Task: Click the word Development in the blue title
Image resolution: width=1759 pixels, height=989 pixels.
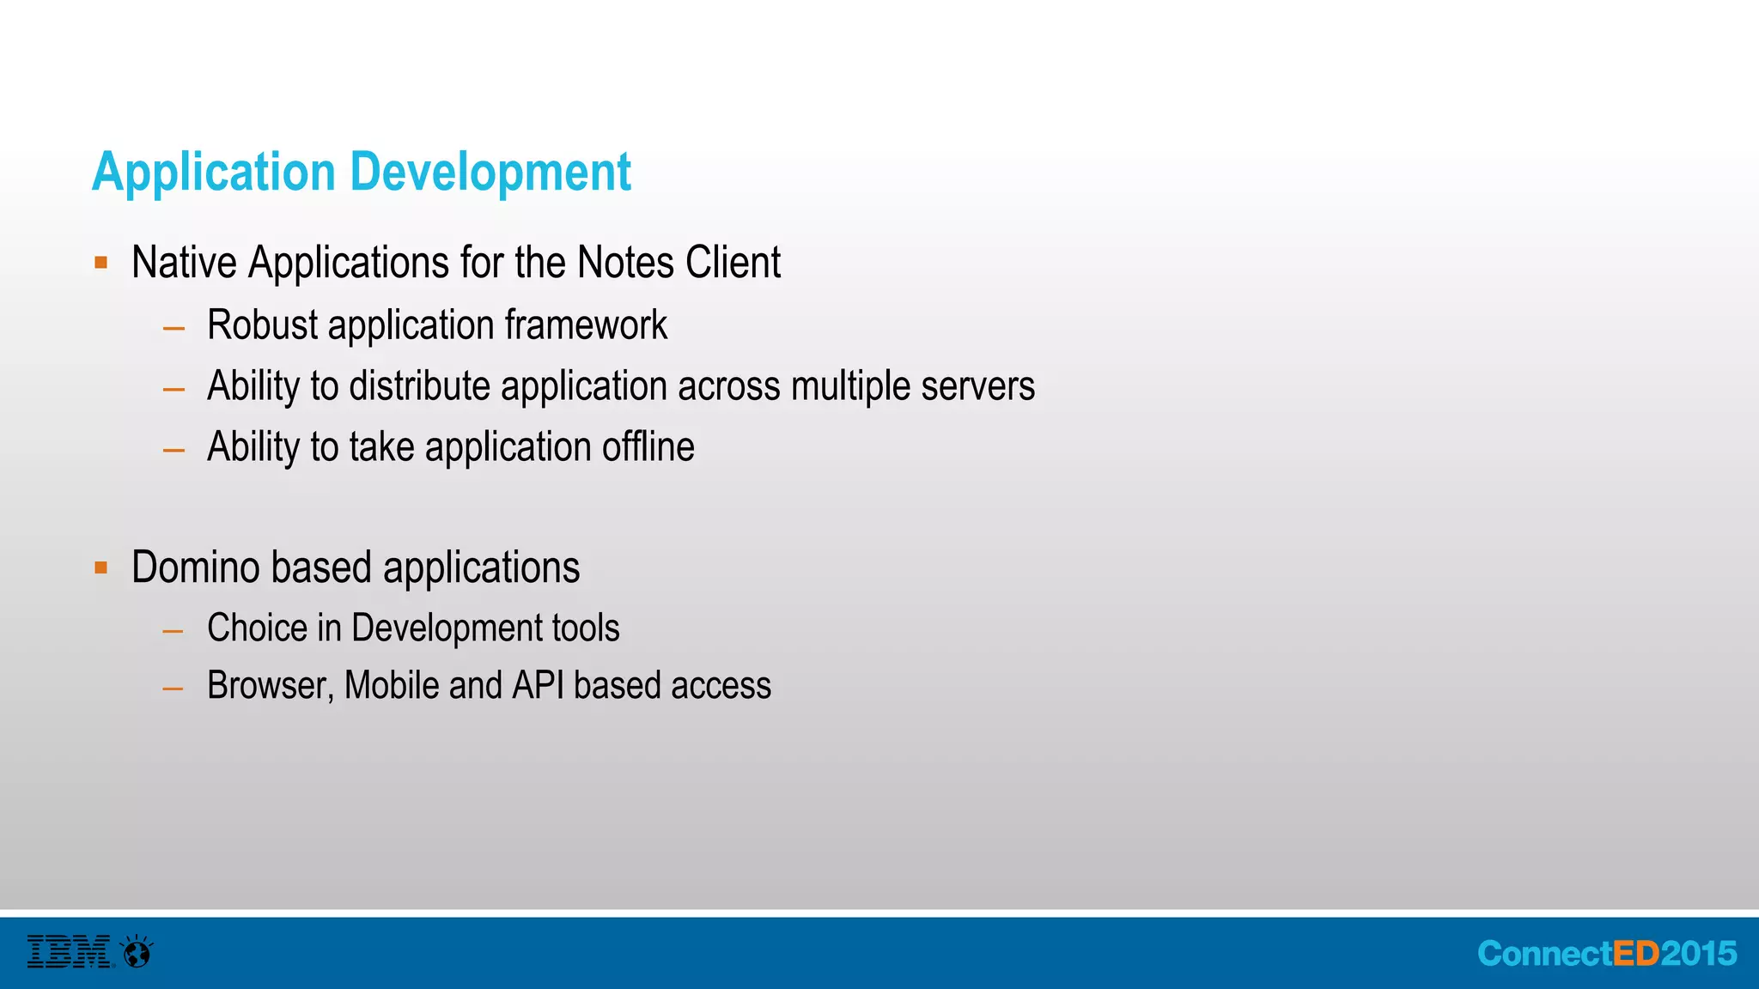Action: click(x=490, y=173)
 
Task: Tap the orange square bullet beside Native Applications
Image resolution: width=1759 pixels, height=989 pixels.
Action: click(x=101, y=263)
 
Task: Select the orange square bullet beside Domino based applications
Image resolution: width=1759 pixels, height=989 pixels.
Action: click(x=101, y=567)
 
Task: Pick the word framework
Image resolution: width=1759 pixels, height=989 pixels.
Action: click(x=586, y=325)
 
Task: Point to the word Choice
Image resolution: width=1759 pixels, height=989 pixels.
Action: click(x=257, y=628)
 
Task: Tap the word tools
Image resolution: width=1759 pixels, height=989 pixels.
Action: click(x=586, y=628)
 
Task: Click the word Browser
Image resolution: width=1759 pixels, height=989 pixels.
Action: click(x=270, y=686)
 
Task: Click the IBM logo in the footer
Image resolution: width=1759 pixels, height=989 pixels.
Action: click(x=69, y=952)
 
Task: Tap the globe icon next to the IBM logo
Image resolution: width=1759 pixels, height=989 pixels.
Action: click(x=137, y=952)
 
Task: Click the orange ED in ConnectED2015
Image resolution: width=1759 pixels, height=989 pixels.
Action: click(x=1636, y=954)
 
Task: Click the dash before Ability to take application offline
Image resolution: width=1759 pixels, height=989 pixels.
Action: click(x=173, y=450)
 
